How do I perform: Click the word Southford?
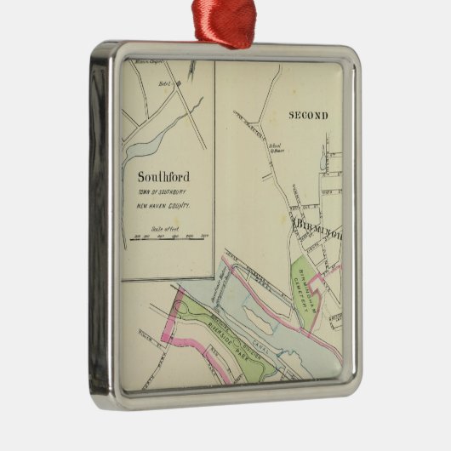point(163,177)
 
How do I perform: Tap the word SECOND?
point(307,115)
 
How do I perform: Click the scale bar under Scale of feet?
point(169,238)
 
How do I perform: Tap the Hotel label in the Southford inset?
point(164,83)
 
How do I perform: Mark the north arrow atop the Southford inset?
point(192,68)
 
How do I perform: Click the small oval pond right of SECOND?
point(324,157)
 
